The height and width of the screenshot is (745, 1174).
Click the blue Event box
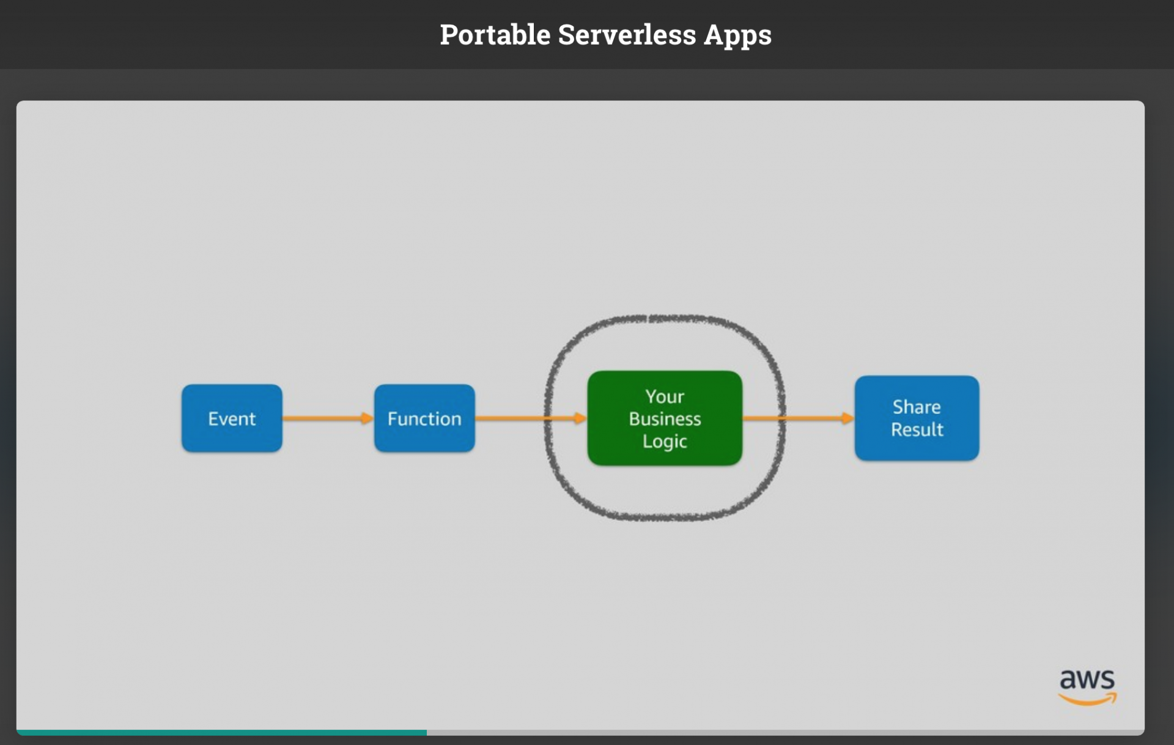[232, 418]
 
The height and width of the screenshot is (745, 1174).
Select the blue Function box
[424, 418]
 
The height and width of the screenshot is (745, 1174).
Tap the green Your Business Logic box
[665, 418]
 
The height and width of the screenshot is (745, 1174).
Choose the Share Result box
[917, 418]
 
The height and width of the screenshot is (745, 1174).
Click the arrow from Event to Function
[328, 418]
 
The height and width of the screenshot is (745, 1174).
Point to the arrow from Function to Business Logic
[531, 418]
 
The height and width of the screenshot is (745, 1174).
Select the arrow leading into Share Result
[799, 418]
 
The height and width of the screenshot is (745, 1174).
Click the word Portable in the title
[495, 34]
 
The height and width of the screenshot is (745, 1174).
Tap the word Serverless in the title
[627, 34]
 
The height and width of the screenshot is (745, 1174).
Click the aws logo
[1088, 687]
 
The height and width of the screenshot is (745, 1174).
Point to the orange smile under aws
[1088, 699]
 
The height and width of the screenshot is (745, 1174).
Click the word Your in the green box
[665, 396]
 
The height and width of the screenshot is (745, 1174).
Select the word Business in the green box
[665, 418]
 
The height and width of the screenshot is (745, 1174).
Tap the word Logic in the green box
[665, 442]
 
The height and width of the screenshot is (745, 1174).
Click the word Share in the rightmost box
[917, 407]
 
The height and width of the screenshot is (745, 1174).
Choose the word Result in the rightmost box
[917, 429]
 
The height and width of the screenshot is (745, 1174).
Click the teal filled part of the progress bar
[221, 732]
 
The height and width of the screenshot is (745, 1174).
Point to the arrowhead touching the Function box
[367, 418]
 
